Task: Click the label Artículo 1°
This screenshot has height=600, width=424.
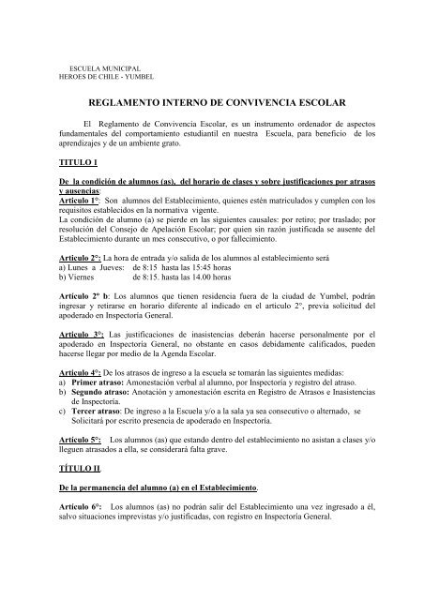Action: coord(80,228)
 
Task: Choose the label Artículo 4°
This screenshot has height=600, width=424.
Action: coord(83,424)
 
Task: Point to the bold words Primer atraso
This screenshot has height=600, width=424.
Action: coord(98,435)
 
